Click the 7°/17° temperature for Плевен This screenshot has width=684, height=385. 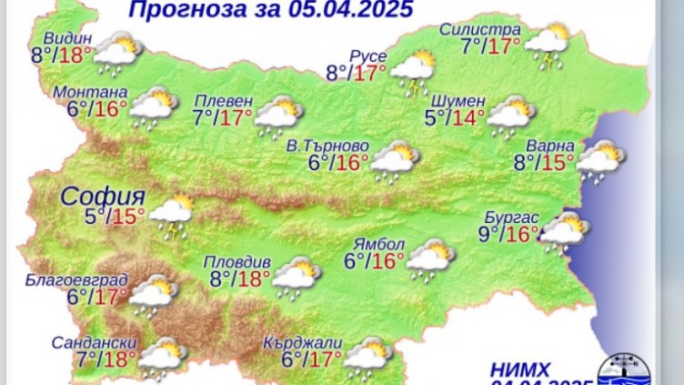pyautogui.click(x=223, y=117)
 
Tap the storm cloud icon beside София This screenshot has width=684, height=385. pyautogui.click(x=172, y=214)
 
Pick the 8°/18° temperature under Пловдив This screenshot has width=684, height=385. pyautogui.click(x=240, y=279)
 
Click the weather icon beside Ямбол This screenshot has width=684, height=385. pyautogui.click(x=430, y=259)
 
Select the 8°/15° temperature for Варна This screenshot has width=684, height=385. pyautogui.click(x=545, y=162)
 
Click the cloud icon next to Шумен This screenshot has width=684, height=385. pyautogui.click(x=511, y=115)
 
